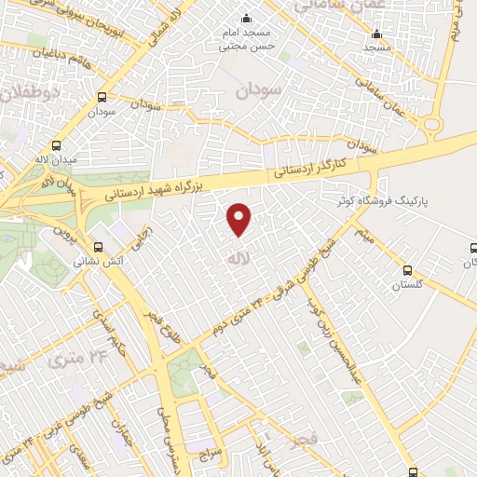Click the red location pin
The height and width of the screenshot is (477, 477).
pos(239,218)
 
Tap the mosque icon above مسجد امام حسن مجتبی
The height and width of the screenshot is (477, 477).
pos(246,19)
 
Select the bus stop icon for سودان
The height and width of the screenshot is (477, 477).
pos(102,97)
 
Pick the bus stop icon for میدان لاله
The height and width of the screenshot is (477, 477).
pos(57,145)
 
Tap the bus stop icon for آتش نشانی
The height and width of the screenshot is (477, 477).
pos(101,247)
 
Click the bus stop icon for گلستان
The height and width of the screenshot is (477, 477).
pos(406,271)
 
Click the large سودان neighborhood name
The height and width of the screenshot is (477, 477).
pos(257,90)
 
